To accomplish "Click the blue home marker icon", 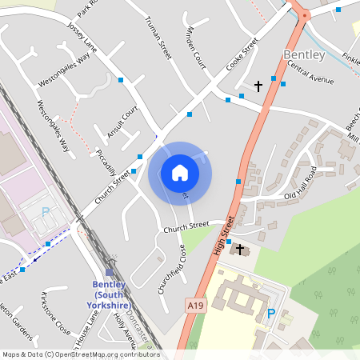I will coord(180,173).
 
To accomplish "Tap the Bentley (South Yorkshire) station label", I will coord(110,294).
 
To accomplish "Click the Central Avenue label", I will coord(310,73).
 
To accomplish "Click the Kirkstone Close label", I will coord(55,315).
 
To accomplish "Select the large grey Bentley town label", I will coord(304,54).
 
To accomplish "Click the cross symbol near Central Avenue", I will coord(258,85).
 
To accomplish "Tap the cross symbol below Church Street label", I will coord(239,250).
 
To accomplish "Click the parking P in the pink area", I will coord(46,212).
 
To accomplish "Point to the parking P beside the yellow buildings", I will coord(270,313).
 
